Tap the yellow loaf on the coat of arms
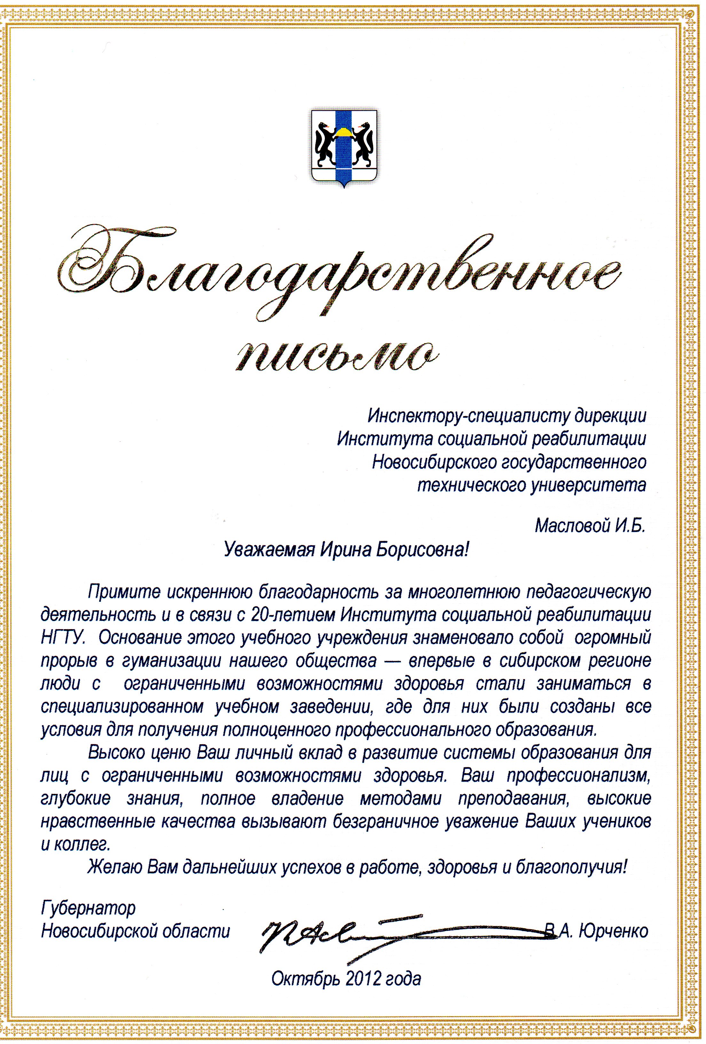click(x=344, y=131)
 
